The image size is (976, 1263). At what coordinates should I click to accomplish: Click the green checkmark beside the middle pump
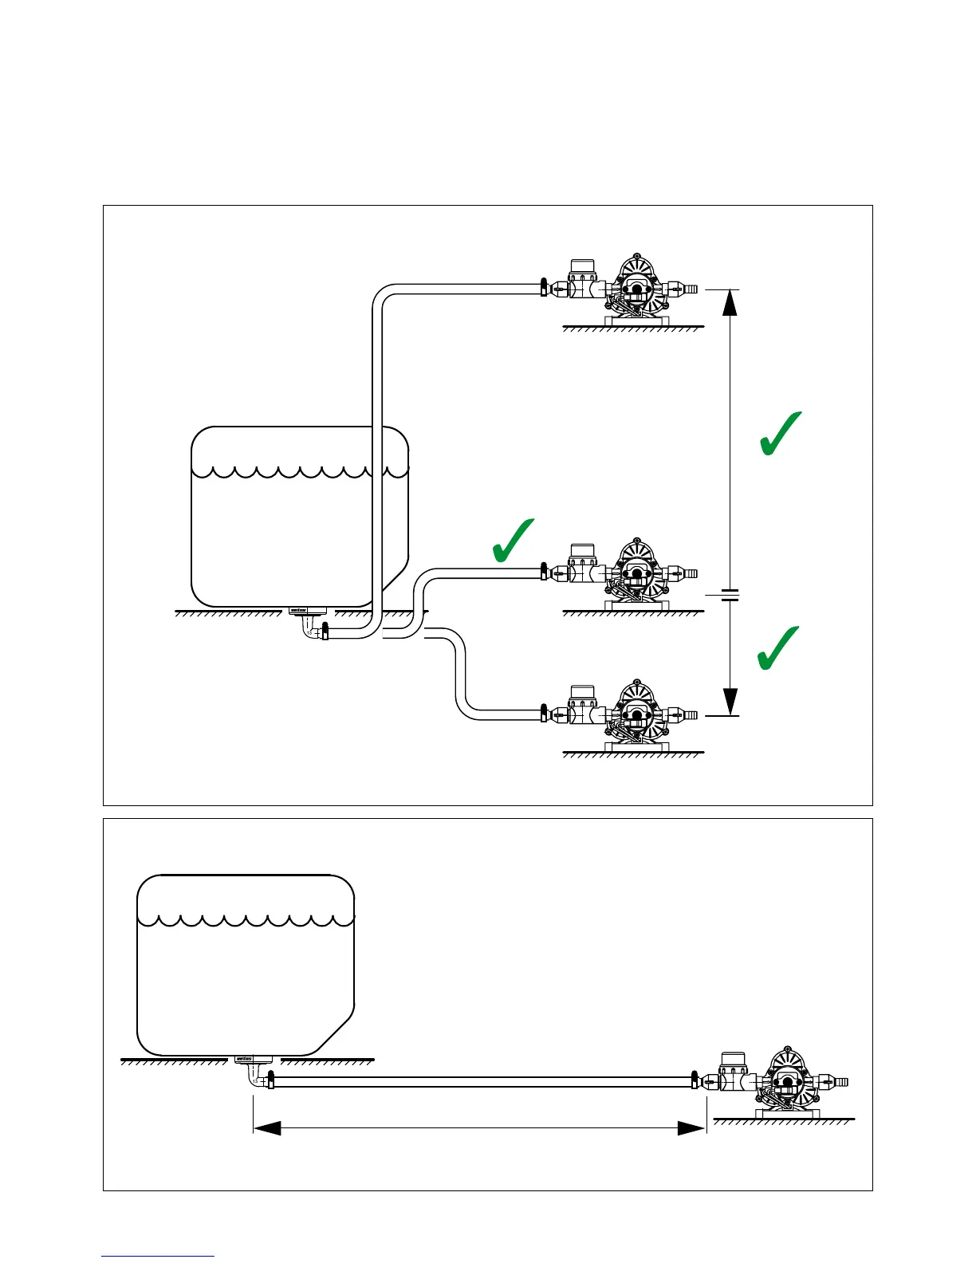[x=512, y=541]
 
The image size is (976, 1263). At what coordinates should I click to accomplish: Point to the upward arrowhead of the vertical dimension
[x=730, y=303]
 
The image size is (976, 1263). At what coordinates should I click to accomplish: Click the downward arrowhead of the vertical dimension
[x=730, y=702]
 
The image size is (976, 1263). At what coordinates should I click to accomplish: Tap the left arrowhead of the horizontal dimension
[x=267, y=1127]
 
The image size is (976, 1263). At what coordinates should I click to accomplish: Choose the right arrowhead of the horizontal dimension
[x=691, y=1127]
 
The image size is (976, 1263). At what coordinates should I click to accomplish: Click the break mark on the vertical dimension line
[x=730, y=595]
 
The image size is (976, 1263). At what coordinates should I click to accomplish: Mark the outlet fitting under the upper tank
[x=306, y=612]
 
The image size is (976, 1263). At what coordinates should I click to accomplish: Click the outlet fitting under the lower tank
[x=254, y=1060]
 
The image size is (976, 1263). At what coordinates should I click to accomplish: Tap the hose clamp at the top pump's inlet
[x=543, y=287]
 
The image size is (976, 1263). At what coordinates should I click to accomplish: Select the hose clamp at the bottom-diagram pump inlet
[x=695, y=1081]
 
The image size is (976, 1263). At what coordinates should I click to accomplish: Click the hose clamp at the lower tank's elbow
[x=271, y=1081]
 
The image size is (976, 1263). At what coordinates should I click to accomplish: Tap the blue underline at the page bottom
[x=158, y=1256]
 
